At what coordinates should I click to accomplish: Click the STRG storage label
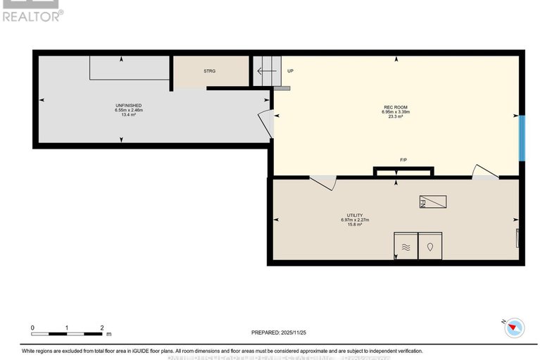[209, 71]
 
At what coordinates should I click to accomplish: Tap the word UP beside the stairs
[290, 71]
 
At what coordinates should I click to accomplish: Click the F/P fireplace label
[403, 161]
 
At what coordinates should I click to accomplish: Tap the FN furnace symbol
[432, 201]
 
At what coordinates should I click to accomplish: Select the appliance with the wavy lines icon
[406, 246]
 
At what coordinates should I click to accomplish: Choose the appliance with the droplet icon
[430, 246]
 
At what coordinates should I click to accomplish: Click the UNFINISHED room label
[129, 105]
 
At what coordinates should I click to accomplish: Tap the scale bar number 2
[102, 328]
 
